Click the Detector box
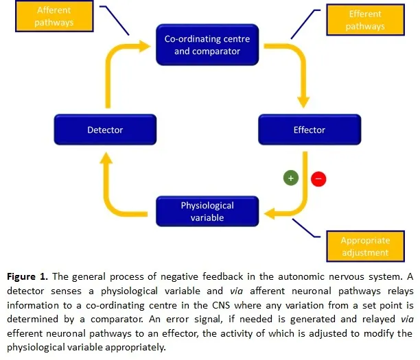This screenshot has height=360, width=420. click(105, 130)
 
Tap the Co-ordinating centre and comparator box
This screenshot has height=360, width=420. click(207, 45)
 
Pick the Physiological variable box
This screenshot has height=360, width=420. click(207, 211)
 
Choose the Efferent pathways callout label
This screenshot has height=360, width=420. click(365, 21)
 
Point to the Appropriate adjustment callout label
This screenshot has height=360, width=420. click(365, 247)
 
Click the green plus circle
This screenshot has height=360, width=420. click(290, 177)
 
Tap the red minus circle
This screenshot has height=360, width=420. click(318, 180)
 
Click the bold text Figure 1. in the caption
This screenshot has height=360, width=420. click(30, 277)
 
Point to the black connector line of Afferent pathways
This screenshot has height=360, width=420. click(115, 19)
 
